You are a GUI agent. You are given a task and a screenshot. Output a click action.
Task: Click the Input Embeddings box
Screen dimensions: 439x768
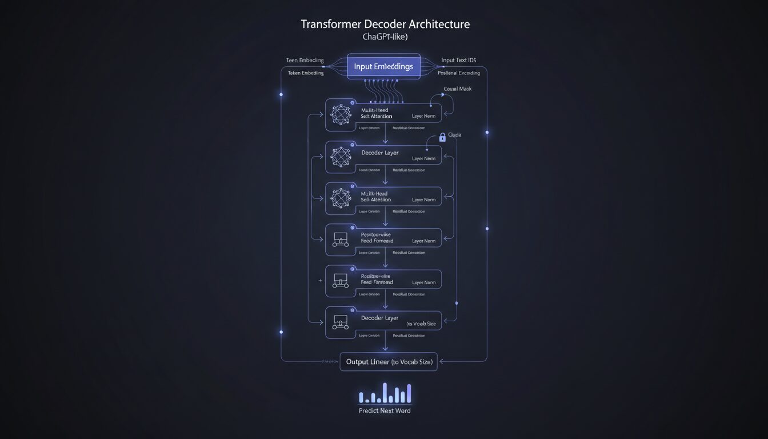tap(383, 66)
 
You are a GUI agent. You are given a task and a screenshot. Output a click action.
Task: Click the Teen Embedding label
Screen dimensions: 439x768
tap(305, 60)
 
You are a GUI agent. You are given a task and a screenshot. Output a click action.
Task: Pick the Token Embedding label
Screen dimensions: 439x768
tap(306, 73)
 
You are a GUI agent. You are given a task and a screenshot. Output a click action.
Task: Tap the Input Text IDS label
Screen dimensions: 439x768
tap(459, 60)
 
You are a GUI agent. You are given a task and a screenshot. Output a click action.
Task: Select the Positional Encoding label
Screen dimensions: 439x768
tap(459, 73)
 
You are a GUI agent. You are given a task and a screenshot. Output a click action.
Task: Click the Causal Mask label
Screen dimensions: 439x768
tap(458, 89)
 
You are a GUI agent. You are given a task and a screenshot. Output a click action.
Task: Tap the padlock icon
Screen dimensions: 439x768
tap(442, 137)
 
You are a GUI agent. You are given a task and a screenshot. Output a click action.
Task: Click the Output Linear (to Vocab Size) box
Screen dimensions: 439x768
tap(389, 362)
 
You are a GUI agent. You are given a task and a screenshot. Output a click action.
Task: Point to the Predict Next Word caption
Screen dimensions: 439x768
tap(385, 410)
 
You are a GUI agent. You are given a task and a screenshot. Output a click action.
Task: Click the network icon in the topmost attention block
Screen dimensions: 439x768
tap(341, 114)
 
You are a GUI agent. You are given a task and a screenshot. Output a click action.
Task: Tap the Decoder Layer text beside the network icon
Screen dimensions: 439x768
tap(380, 153)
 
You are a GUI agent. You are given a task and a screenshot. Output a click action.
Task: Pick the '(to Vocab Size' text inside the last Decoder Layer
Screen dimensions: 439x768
tap(421, 324)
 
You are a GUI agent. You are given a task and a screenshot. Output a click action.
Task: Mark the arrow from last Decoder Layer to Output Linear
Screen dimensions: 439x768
tap(386, 346)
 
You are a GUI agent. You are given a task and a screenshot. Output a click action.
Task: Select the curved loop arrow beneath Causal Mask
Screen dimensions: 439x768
tap(449, 105)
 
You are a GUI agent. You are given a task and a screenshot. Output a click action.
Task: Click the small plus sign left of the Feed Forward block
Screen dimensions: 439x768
tap(320, 281)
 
